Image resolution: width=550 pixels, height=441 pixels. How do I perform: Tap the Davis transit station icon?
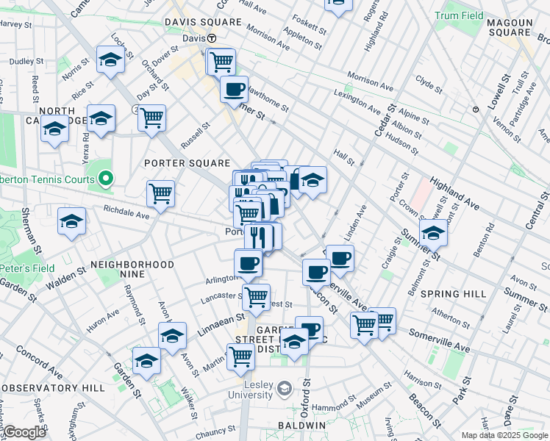point(212,38)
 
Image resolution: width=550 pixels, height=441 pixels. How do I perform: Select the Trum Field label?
point(480,15)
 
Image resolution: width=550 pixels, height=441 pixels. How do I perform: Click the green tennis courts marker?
point(106,179)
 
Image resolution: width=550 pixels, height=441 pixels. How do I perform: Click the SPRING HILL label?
point(454,294)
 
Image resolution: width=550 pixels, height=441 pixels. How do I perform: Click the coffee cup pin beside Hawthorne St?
point(235,90)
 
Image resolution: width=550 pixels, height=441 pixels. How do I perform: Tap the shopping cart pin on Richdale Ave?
point(160,194)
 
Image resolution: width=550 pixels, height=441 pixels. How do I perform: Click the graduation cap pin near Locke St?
point(110,60)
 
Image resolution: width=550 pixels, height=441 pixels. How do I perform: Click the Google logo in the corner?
point(24,432)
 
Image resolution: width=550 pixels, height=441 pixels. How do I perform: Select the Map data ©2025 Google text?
point(504,435)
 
